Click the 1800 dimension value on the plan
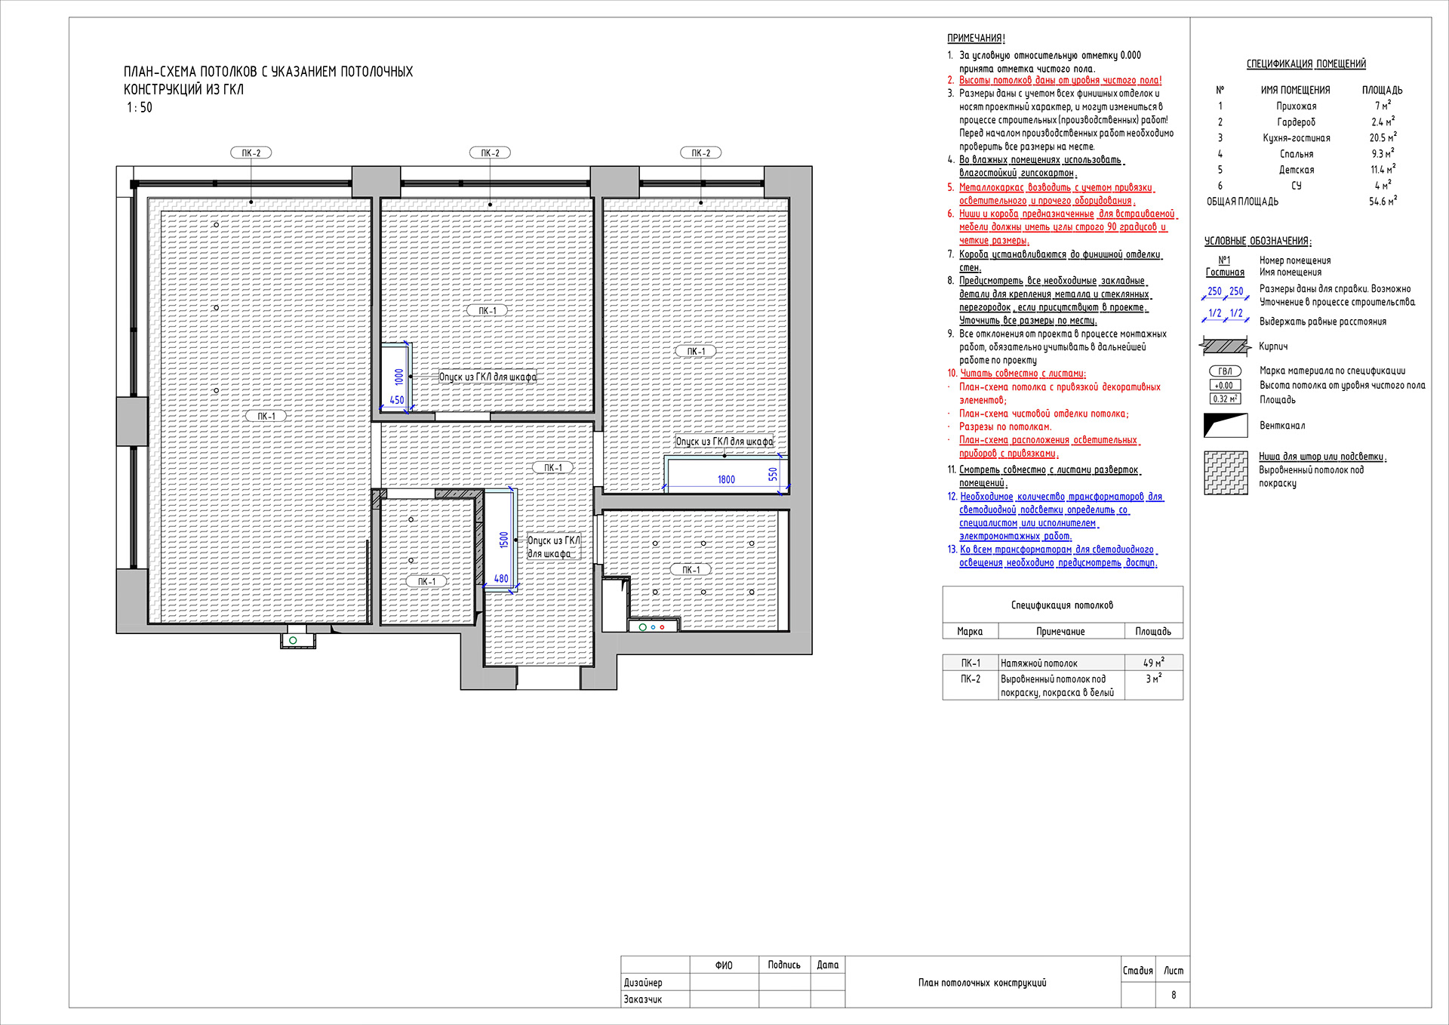(726, 479)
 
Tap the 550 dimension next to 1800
(773, 474)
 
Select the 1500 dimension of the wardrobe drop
(503, 540)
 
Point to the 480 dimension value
(501, 579)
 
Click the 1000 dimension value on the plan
(398, 377)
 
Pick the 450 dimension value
(397, 400)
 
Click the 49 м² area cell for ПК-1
(1153, 663)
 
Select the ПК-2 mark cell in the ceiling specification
(971, 679)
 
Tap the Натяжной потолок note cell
(1039, 663)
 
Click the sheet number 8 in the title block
(1174, 995)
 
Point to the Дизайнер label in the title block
(643, 983)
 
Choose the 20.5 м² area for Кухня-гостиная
(1383, 137)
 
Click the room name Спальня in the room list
(1297, 154)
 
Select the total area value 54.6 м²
(1383, 201)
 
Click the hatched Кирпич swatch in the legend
(1224, 346)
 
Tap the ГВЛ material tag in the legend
(1225, 371)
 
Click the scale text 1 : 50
(140, 107)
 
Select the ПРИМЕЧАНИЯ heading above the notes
(977, 38)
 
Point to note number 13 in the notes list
(952, 549)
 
